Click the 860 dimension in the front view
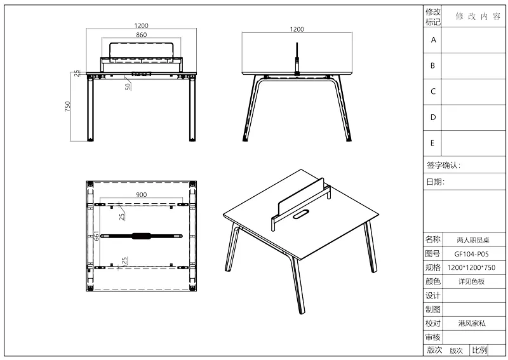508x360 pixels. point(141,35)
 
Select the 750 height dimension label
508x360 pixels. point(67,107)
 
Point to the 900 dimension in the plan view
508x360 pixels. point(141,194)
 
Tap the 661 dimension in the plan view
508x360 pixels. point(97,236)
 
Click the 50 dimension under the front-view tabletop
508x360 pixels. point(128,86)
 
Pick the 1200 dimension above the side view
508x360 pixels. point(297,29)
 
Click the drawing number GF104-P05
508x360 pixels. point(471,254)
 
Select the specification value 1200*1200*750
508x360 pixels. point(471,268)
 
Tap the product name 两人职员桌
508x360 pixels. point(472,240)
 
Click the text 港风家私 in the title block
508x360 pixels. point(472,323)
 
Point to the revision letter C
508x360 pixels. point(433,91)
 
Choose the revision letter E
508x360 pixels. point(432,143)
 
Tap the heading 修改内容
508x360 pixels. point(478,17)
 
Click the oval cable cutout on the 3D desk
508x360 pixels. point(300,214)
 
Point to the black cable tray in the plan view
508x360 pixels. point(141,236)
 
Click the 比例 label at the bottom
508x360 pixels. point(479,350)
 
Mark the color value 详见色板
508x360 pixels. point(471,281)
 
